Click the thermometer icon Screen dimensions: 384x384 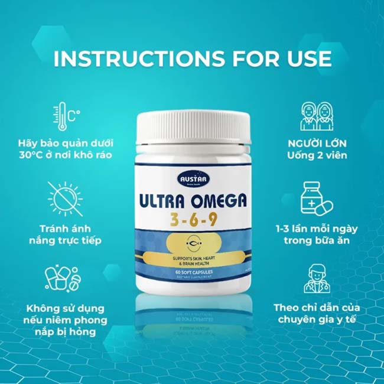point(66,118)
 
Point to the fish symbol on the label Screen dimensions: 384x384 point(193,242)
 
